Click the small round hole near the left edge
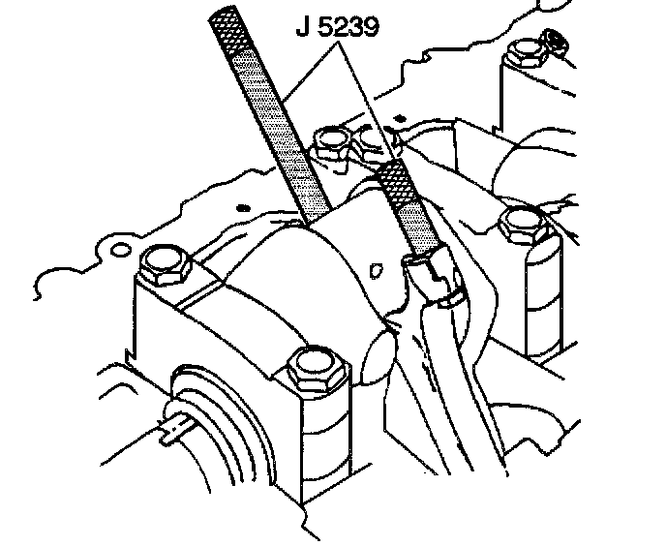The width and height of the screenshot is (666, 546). [118, 250]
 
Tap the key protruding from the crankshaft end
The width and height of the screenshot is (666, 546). [169, 427]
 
